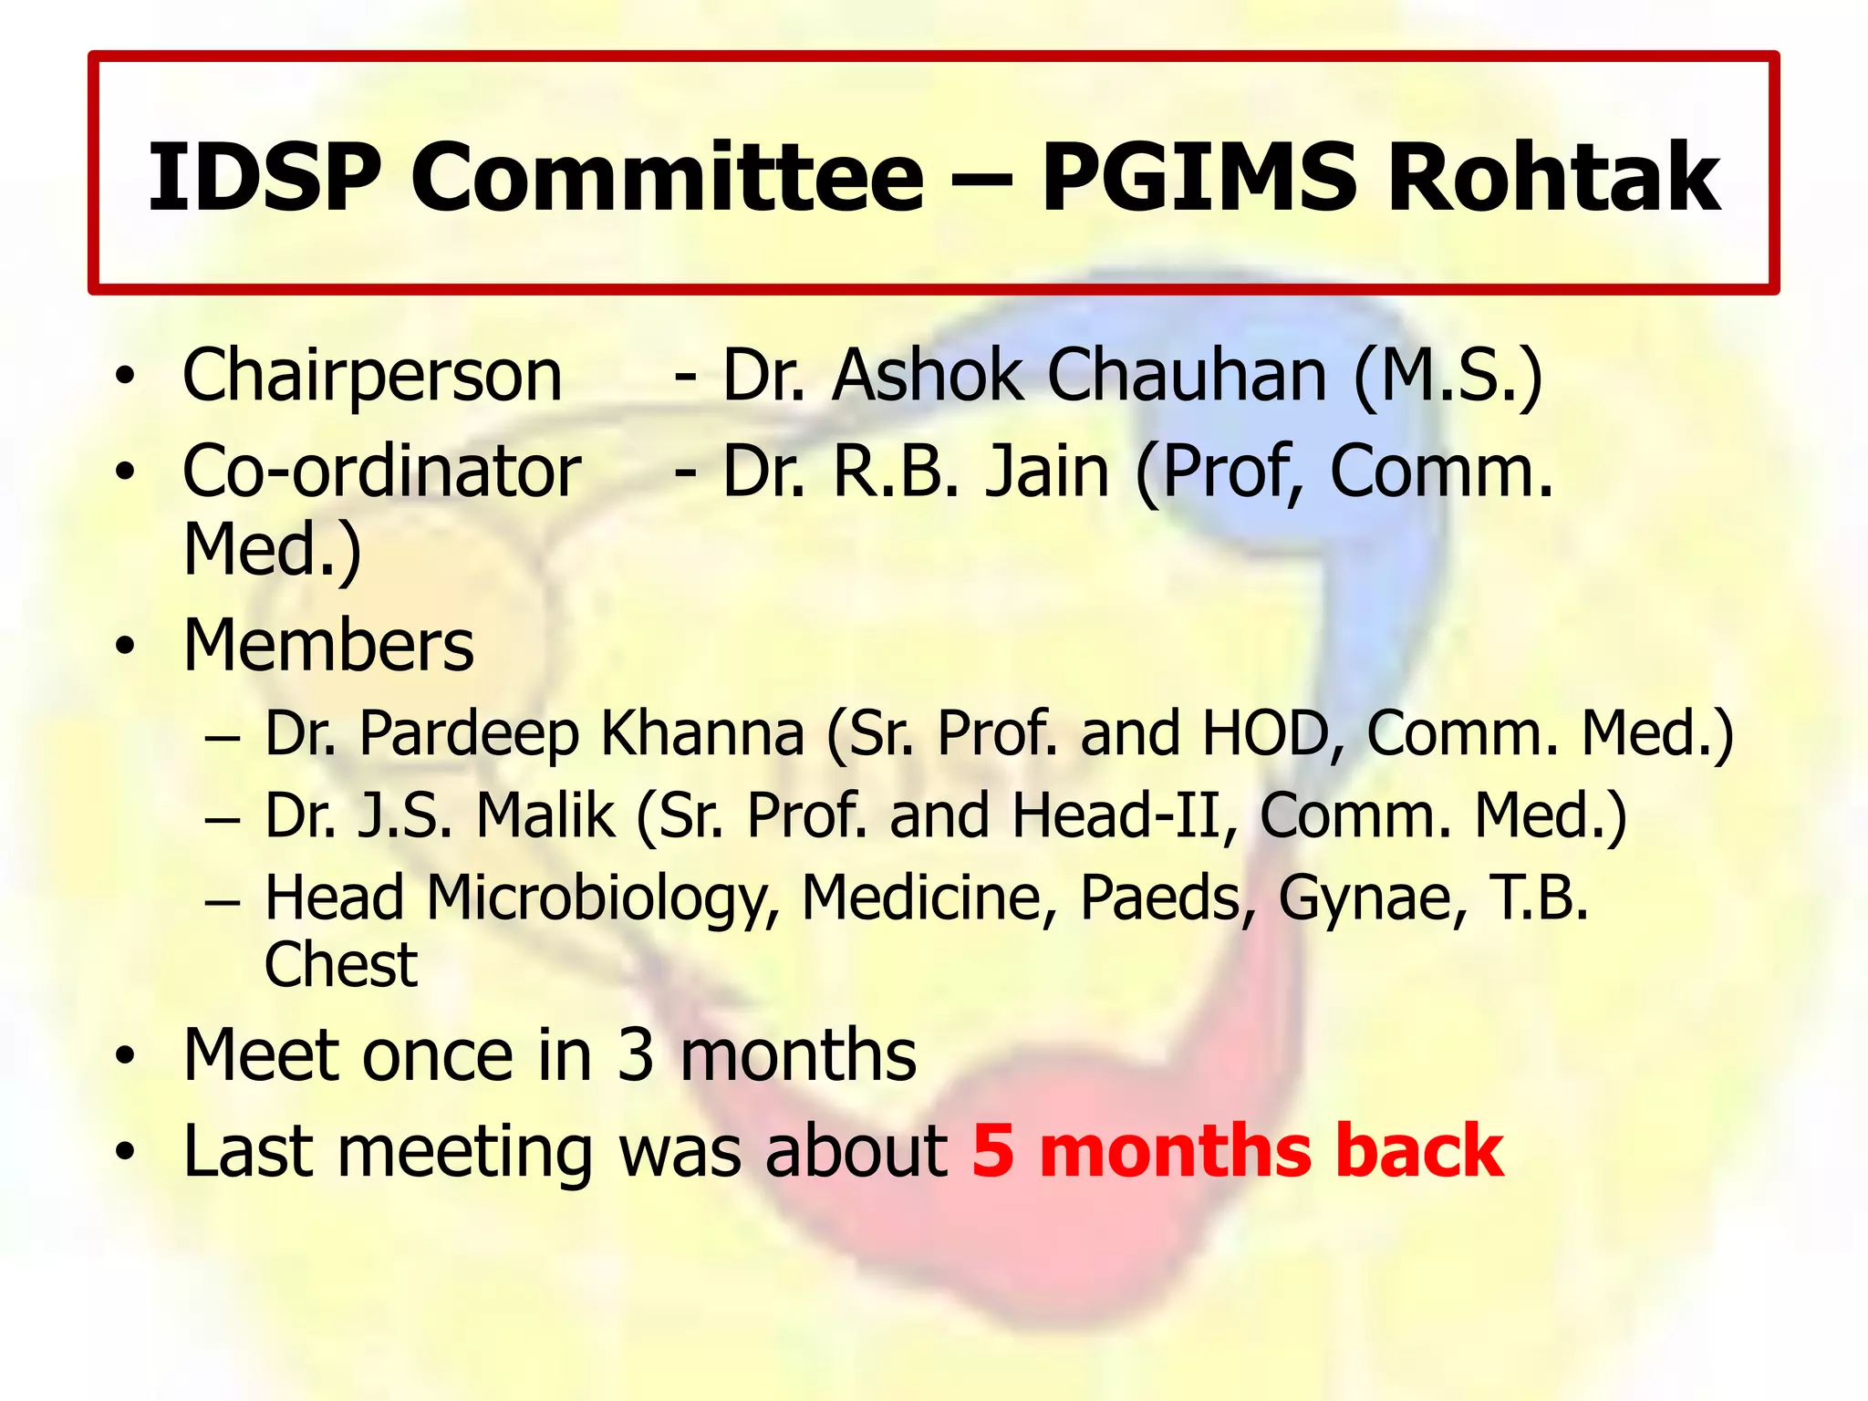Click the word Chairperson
click(372, 375)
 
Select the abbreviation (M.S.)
click(1448, 375)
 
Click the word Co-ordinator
click(381, 472)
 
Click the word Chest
click(340, 964)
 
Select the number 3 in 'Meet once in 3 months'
click(636, 1055)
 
